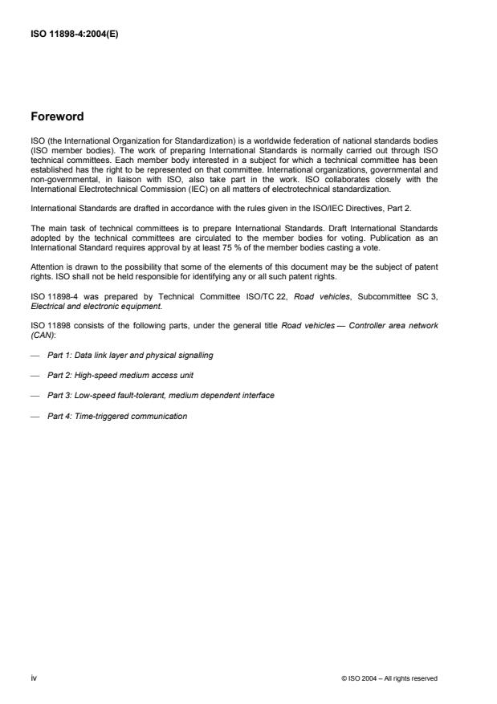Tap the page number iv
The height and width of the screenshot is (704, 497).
coord(34,678)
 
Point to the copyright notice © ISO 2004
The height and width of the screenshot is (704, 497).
coord(389,678)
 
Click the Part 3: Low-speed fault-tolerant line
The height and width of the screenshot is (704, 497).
coord(161,396)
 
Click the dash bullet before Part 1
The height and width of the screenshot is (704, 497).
coord(35,354)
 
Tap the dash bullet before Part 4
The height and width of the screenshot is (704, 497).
coord(35,417)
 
